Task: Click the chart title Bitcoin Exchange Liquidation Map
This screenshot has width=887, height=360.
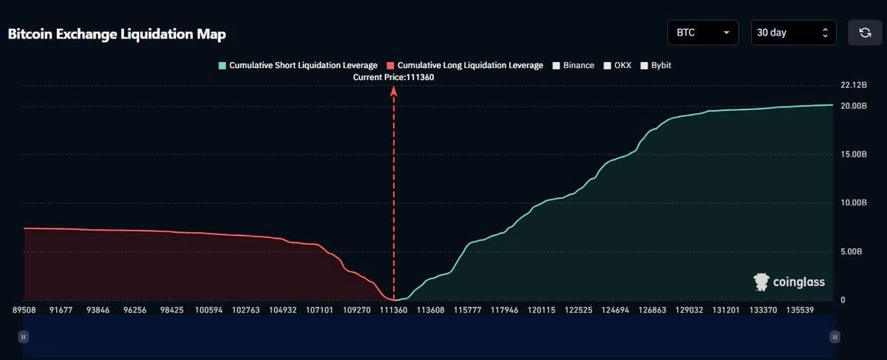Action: coord(117,35)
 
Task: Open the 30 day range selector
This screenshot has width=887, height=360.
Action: coord(793,33)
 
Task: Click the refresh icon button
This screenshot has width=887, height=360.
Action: coord(865,33)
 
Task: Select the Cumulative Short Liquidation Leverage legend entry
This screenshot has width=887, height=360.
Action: coord(297,66)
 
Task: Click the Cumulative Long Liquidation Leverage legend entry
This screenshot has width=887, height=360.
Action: coord(464,66)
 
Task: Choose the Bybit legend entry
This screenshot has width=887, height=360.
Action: coord(656,66)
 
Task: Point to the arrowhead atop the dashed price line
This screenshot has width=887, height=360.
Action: coord(394,90)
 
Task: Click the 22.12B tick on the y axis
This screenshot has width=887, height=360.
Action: coord(854,86)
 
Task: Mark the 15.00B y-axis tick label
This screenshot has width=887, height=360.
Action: coord(854,154)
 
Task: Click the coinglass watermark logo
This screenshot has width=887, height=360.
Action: coord(789,282)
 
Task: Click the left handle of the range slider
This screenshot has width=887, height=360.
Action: coord(24,337)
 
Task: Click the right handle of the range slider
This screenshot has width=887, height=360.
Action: coord(835,337)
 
